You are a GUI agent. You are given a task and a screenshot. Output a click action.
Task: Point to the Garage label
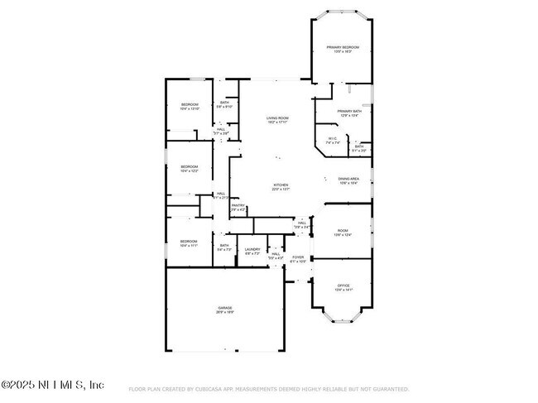[x=225, y=309]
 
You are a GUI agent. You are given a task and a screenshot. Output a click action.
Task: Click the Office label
[x=343, y=286]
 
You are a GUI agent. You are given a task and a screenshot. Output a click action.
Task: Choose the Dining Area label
[x=348, y=180]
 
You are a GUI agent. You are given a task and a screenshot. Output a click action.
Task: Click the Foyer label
[x=298, y=258]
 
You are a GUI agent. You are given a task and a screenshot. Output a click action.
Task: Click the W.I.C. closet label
[x=333, y=140]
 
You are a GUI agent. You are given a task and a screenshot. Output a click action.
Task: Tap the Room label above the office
[x=342, y=233]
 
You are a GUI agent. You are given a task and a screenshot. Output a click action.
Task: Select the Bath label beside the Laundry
[x=224, y=246]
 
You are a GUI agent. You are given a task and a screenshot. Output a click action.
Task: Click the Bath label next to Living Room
[x=224, y=103]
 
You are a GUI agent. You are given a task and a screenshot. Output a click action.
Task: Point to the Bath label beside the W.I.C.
[x=359, y=148]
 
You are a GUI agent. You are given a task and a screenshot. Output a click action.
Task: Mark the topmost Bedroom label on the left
[x=190, y=105]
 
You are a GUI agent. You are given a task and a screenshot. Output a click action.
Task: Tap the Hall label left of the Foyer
[x=276, y=257]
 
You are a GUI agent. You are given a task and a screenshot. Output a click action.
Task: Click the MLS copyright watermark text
[x=53, y=386]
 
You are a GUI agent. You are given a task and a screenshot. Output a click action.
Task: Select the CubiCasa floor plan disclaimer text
[x=269, y=389]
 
